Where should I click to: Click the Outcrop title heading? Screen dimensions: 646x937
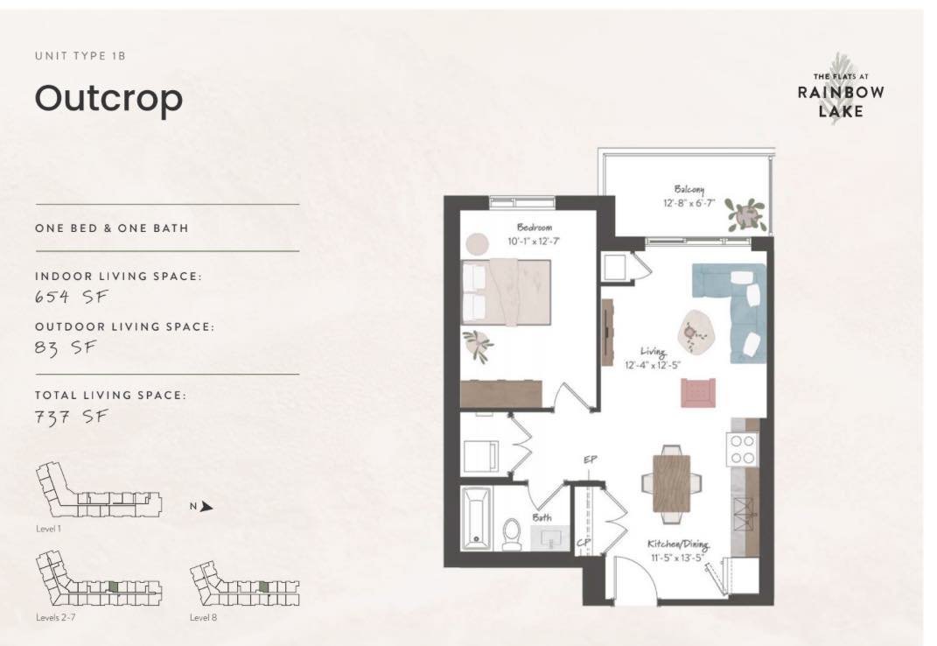coord(108,99)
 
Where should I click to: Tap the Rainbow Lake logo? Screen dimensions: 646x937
coord(840,90)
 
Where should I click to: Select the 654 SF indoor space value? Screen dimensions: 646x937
coord(71,296)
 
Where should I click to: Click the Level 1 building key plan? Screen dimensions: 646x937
coord(98,495)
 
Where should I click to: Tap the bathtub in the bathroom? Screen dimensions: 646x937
coord(478,517)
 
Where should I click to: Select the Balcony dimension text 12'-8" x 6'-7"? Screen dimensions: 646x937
coord(689,202)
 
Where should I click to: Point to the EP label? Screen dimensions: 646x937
coord(591,460)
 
